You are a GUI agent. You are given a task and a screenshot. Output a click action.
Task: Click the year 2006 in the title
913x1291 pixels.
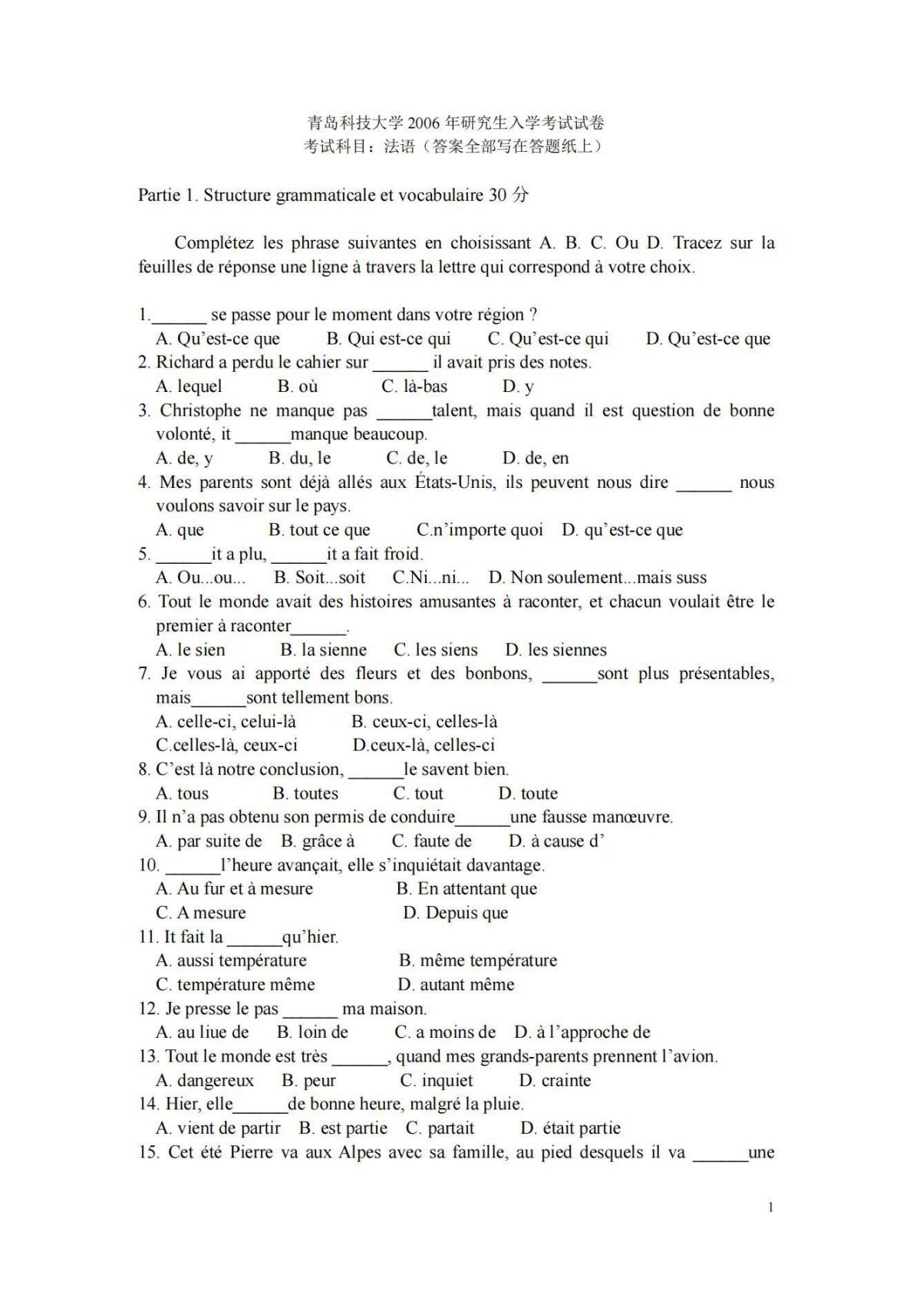tap(424, 123)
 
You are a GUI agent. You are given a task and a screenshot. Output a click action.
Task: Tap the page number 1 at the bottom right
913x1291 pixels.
tap(770, 1207)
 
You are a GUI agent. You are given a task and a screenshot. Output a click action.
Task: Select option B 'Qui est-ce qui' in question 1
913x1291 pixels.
tap(388, 338)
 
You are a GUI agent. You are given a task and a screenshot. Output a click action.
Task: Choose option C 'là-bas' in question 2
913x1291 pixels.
tap(414, 386)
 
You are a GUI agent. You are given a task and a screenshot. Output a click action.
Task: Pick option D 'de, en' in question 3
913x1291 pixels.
tap(536, 458)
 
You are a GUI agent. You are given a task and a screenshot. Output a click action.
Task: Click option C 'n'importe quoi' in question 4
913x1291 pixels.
tap(480, 529)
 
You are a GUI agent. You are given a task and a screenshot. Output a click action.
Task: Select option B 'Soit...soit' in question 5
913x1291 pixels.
tap(319, 577)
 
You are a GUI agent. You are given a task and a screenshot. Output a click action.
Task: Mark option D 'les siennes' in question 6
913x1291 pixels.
tap(555, 650)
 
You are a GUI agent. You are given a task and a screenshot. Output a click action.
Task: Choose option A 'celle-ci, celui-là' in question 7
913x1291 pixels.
tap(226, 721)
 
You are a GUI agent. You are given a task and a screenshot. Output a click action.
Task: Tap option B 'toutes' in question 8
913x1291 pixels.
tap(305, 793)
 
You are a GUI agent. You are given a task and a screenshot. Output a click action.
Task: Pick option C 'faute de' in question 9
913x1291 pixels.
tap(431, 841)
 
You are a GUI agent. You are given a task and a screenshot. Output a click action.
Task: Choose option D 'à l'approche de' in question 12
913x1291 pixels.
tap(582, 1032)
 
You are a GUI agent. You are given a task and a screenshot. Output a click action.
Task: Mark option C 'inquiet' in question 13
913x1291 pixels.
tap(437, 1080)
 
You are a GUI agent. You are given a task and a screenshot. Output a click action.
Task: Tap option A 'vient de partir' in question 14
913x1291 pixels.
tap(218, 1128)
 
